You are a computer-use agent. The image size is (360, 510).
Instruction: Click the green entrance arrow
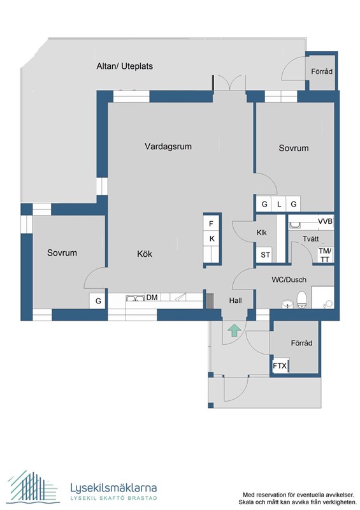tap(234, 330)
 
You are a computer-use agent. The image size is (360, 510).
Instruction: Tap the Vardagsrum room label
tap(168, 146)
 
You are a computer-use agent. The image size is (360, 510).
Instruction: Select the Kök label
tap(144, 254)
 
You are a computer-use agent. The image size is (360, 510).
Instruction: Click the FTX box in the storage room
tap(280, 366)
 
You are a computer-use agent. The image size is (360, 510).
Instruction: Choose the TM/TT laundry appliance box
tap(325, 254)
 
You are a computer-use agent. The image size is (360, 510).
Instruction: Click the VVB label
tap(325, 221)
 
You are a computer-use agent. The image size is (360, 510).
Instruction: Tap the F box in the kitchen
tap(212, 224)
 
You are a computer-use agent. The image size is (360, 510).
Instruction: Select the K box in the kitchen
tap(212, 239)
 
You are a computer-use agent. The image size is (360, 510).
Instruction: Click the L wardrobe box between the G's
tap(278, 204)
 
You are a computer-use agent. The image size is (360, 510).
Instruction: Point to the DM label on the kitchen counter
tap(152, 297)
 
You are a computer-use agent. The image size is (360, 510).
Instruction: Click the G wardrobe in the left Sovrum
tap(98, 301)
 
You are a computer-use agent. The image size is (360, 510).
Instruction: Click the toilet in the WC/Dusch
tap(303, 298)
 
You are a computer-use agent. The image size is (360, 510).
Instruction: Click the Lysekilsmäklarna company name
tap(113, 488)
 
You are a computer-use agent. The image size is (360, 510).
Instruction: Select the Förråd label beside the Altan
tap(321, 71)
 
